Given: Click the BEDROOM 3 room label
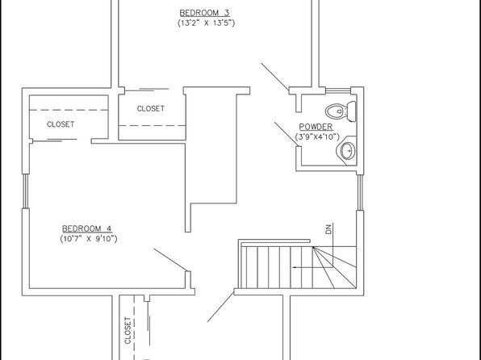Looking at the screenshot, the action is click(x=205, y=13).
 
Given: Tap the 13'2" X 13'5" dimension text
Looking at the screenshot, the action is click(x=206, y=23).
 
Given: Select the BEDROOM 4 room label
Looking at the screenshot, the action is click(x=87, y=228).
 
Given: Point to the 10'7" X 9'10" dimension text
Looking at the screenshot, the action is click(x=89, y=239).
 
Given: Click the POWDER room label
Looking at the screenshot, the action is click(x=316, y=127).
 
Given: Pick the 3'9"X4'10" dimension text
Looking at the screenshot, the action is click(x=317, y=137).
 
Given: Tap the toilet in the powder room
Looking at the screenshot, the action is click(x=341, y=111).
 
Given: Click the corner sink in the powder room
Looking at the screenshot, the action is click(x=347, y=150).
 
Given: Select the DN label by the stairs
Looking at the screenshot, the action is click(x=328, y=229).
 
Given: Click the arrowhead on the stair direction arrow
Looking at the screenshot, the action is click(x=295, y=267).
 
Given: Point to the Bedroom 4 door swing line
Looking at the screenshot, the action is click(x=170, y=260).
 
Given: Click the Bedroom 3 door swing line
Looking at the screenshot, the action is click(x=275, y=77).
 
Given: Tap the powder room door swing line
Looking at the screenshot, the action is click(x=286, y=135).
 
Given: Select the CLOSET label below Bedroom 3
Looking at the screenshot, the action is click(x=151, y=109).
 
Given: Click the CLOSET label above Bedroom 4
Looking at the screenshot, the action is click(x=61, y=124).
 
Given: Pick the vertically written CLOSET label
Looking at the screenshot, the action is click(x=128, y=330).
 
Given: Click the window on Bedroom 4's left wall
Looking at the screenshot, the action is click(x=26, y=191).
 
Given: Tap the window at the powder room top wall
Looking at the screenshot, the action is click(x=337, y=90).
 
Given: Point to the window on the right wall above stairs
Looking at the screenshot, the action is click(x=360, y=192).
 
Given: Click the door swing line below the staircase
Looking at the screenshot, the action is click(x=220, y=307).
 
